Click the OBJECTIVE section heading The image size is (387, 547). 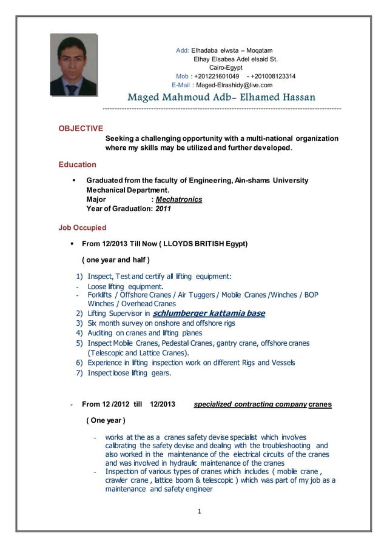tap(80, 128)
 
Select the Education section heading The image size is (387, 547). tap(77, 164)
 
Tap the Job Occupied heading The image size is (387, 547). tap(82, 228)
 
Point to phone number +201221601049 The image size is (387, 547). tap(217, 76)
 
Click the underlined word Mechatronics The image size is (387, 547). tap(178, 199)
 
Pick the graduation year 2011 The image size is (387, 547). tap(163, 209)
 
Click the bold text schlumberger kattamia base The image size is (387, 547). tap(209, 314)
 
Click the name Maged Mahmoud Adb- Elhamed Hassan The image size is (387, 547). tap(221, 97)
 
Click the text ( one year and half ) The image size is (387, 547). tap(115, 260)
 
